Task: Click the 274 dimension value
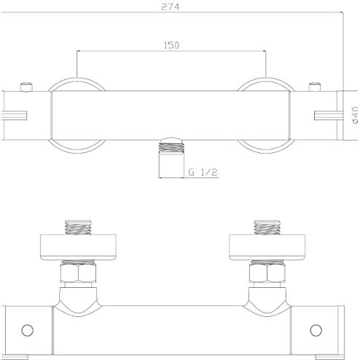click(171, 7)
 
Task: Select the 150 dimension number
click(171, 45)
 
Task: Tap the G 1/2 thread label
click(203, 172)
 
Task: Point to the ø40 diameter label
click(355, 115)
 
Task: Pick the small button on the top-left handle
click(26, 87)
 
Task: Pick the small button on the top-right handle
click(315, 87)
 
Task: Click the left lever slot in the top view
click(14, 115)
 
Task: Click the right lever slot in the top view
click(329, 115)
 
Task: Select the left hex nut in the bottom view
click(78, 273)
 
